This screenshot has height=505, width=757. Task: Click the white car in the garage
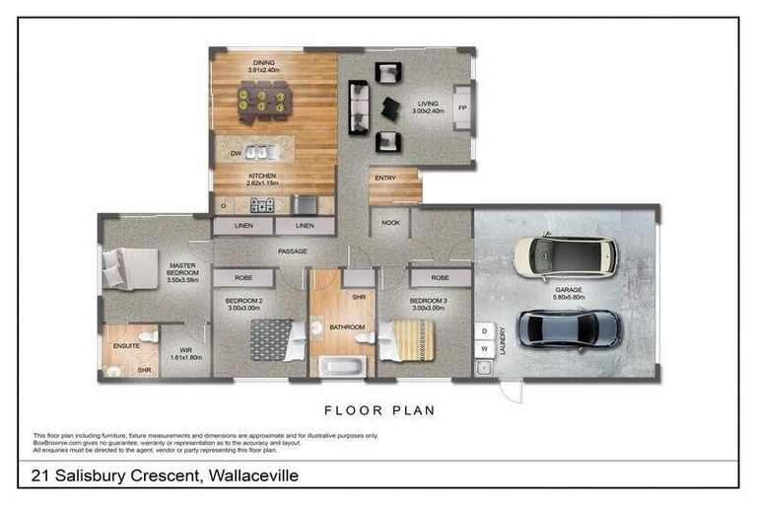point(565,256)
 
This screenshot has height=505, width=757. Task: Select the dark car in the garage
point(569,328)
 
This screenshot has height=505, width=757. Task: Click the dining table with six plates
point(262,100)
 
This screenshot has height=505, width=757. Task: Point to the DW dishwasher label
point(236,154)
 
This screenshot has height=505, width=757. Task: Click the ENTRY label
point(384,179)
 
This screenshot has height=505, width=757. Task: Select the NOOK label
point(390,223)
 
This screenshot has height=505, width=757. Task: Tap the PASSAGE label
point(293,252)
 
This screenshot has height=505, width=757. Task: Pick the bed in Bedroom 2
point(271,340)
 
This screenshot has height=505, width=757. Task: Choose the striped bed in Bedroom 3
point(405,340)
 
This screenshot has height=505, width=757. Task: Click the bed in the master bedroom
point(128,267)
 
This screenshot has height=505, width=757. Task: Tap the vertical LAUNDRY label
point(503,340)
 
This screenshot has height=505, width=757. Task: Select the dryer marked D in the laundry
point(485,330)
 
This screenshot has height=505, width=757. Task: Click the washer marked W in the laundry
point(485,348)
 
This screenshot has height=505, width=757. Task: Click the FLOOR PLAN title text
point(378,409)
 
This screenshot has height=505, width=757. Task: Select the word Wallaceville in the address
point(249,476)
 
